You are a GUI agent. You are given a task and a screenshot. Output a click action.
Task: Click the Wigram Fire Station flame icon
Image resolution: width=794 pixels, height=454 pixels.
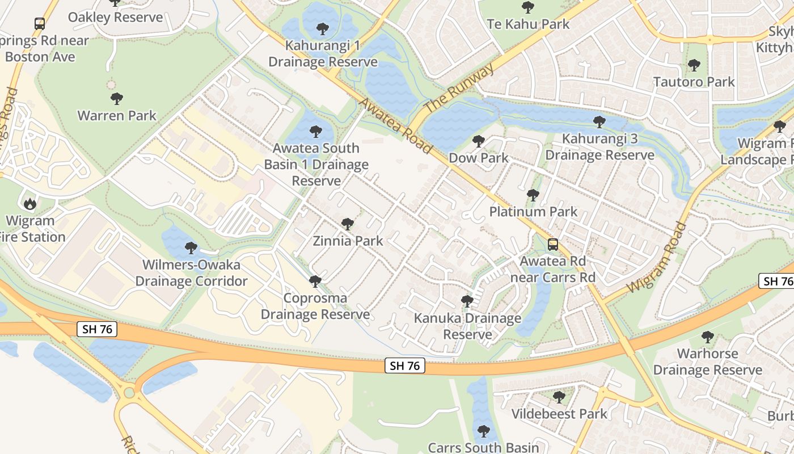tap(29, 203)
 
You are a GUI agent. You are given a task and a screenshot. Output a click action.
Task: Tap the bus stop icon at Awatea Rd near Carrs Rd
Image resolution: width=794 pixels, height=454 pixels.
tap(553, 245)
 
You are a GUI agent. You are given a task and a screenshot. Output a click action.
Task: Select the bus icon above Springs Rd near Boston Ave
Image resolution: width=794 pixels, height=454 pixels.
tap(40, 24)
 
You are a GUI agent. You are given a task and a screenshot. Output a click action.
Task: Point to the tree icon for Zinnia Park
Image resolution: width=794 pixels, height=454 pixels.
tap(348, 224)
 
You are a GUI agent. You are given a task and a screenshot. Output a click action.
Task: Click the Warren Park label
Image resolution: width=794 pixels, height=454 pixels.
tap(117, 116)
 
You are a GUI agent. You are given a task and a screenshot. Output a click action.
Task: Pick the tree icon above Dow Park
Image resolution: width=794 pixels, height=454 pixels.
tap(479, 141)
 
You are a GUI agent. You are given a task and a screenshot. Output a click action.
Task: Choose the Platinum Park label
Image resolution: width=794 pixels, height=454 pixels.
tap(533, 212)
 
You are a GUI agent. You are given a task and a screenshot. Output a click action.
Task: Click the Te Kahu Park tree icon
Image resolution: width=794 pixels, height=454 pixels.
tap(528, 7)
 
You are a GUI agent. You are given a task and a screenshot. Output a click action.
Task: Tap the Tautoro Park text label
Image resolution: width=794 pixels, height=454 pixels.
tap(694, 82)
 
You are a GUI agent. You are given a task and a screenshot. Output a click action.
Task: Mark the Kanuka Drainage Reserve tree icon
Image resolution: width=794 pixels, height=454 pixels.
tap(467, 301)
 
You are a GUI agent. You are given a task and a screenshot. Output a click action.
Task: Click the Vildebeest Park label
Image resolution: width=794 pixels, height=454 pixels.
tap(559, 414)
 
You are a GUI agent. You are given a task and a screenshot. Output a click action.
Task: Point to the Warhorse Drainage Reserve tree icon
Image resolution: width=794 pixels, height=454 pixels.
tap(707, 337)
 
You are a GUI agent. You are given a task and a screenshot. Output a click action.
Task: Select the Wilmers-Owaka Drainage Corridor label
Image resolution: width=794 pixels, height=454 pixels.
tap(191, 273)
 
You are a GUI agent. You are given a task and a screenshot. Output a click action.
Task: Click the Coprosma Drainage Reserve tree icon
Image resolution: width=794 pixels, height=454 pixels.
tap(315, 281)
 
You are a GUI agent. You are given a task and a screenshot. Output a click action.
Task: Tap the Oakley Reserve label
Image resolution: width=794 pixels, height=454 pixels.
tap(115, 17)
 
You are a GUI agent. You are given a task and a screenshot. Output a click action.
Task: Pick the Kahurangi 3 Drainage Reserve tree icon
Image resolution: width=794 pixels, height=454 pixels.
tap(599, 122)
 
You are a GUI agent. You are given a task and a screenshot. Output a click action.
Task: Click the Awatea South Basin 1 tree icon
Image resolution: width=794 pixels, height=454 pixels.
tap(316, 132)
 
